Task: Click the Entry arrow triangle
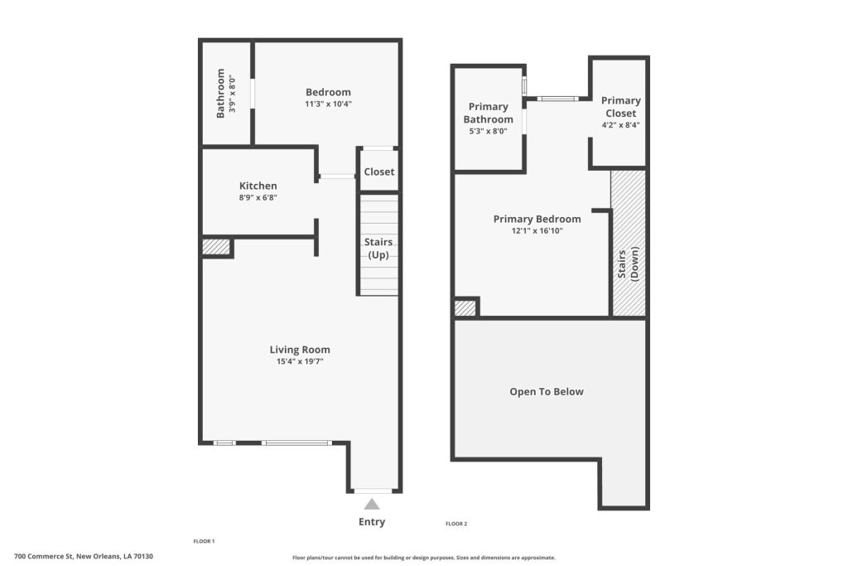pos(372,505)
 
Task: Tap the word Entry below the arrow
pos(372,522)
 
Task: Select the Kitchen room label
pos(258,186)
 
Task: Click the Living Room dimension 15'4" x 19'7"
pos(300,361)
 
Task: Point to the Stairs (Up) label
pos(378,249)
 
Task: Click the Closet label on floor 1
pos(379,172)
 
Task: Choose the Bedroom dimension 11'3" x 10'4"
pos(328,104)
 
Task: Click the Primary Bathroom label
pos(489,113)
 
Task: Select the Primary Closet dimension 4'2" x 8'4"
pos(621,125)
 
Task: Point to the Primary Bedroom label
pos(537,219)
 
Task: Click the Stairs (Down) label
pos(628,264)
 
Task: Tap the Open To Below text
pos(547,392)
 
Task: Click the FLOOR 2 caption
pos(456,524)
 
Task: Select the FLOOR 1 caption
pos(204,541)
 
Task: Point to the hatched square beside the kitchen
pos(216,246)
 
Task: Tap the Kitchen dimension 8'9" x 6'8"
pos(258,198)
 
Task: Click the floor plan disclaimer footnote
pos(424,558)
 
